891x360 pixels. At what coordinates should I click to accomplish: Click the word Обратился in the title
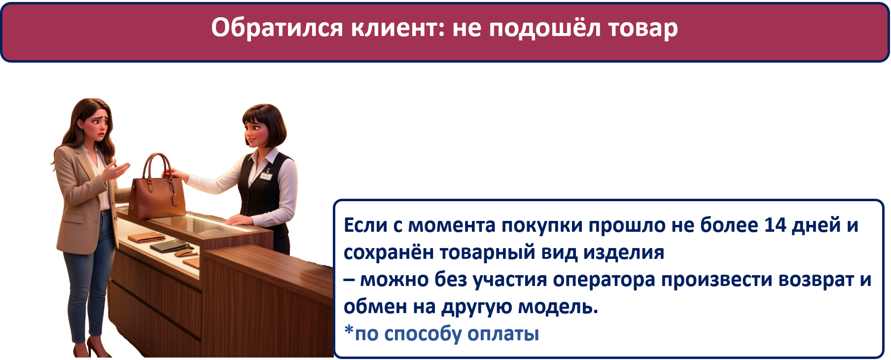(277, 28)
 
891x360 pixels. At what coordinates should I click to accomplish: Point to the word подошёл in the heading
(545, 29)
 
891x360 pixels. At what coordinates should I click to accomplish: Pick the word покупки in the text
(542, 226)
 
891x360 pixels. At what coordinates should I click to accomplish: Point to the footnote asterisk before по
(349, 329)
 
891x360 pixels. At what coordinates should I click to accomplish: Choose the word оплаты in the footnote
(503, 334)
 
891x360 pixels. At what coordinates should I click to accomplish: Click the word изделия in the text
(624, 253)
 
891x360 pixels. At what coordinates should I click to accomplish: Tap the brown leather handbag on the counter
(157, 193)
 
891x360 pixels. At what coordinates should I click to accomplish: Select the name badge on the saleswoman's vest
(266, 176)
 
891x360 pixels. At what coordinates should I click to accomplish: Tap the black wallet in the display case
(165, 245)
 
